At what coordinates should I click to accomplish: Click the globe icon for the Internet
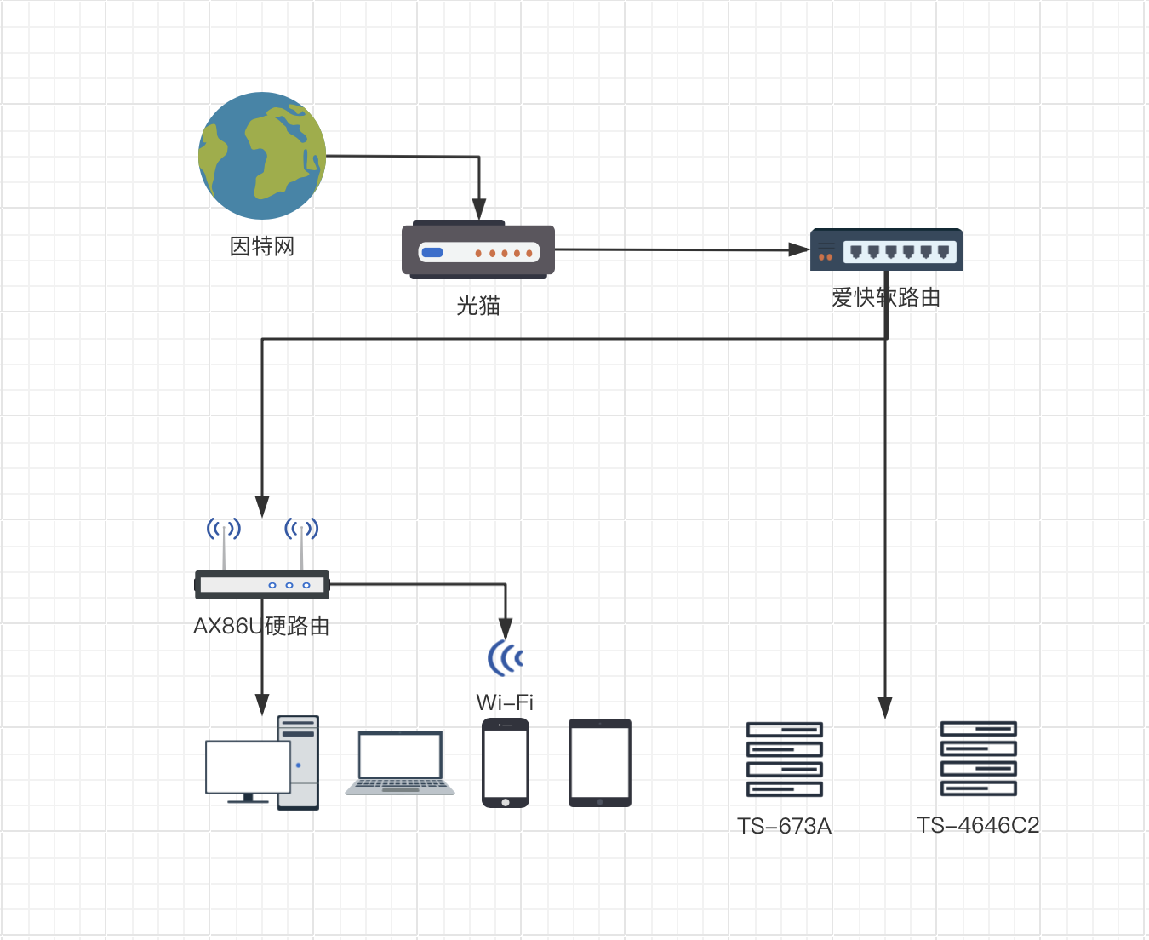(x=262, y=156)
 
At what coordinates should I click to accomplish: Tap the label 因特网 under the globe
(x=262, y=247)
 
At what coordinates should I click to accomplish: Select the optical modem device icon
(x=478, y=250)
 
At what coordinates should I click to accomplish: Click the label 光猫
(x=478, y=306)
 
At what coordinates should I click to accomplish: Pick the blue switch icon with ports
(x=886, y=249)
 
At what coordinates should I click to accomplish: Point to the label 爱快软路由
(x=886, y=297)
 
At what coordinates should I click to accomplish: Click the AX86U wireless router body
(x=262, y=585)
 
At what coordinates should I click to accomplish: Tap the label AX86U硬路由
(x=262, y=627)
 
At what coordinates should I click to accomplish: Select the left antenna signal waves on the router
(x=224, y=529)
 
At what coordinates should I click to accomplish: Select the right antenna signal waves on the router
(x=301, y=529)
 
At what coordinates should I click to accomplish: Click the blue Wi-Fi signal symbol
(x=506, y=657)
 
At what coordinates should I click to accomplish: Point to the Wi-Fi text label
(x=505, y=702)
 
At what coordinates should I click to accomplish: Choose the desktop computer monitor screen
(x=248, y=767)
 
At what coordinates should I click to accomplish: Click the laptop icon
(x=400, y=763)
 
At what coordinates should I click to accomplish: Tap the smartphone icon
(x=506, y=763)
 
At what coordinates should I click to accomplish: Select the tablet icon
(x=600, y=763)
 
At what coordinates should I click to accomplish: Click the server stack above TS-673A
(x=785, y=759)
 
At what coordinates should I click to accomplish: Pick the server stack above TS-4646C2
(x=978, y=759)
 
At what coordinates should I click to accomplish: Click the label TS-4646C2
(x=978, y=826)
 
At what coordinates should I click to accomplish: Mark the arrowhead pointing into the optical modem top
(x=479, y=210)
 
